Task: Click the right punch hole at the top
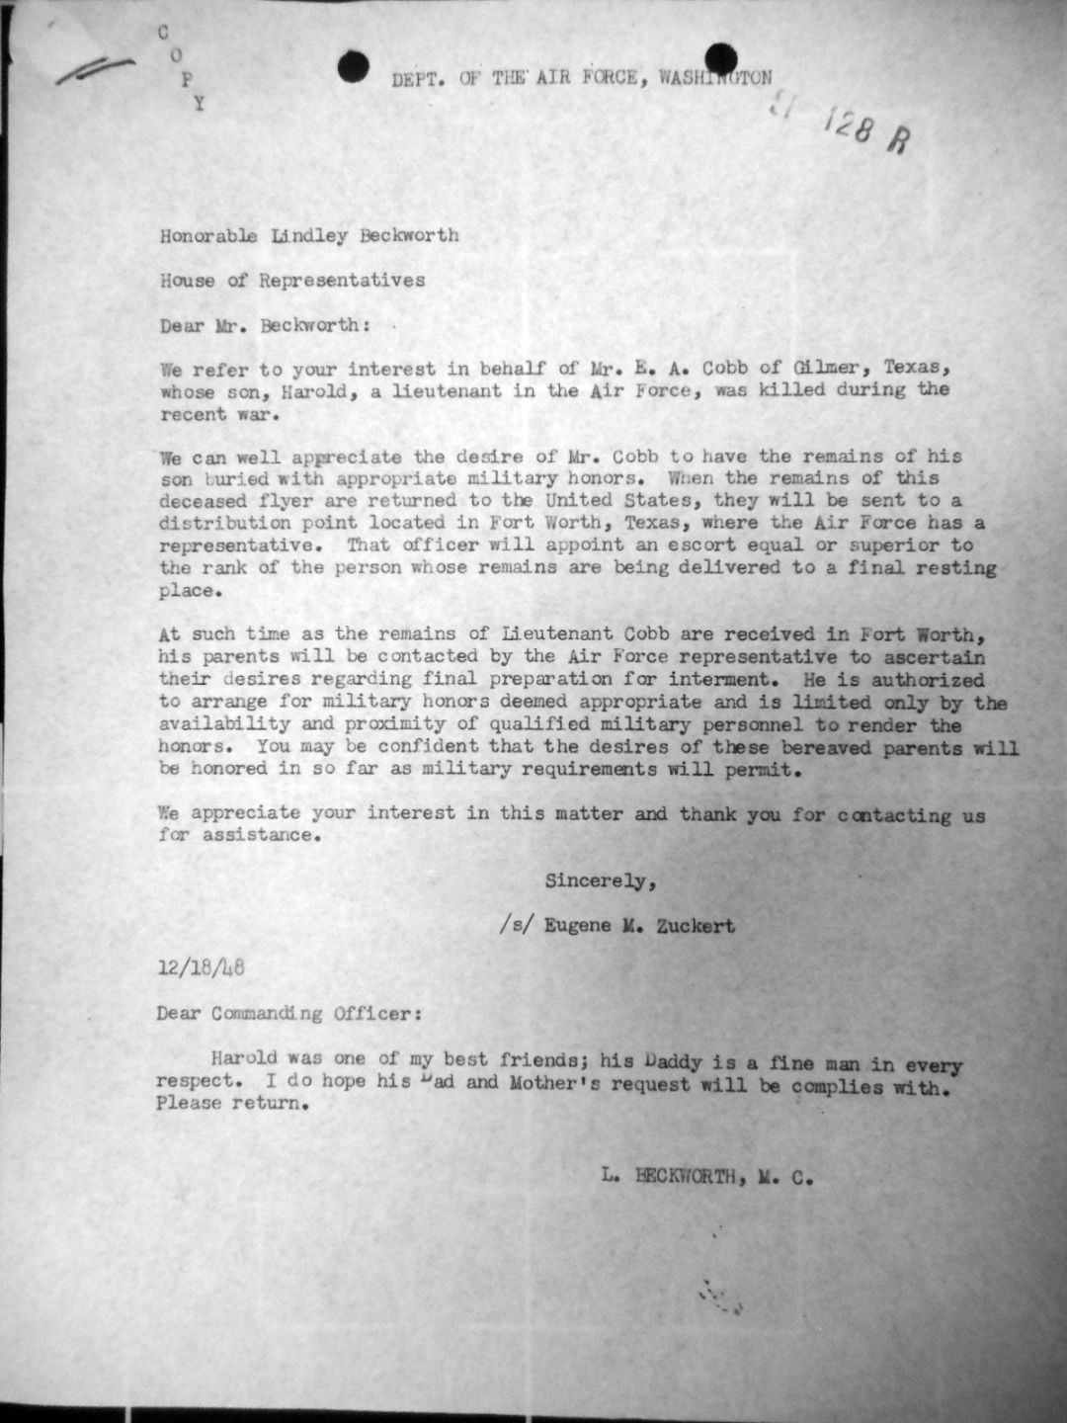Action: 721,58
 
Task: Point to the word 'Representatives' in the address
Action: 342,280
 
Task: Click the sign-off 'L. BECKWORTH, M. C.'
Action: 704,1176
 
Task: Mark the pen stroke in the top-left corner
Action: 96,69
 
